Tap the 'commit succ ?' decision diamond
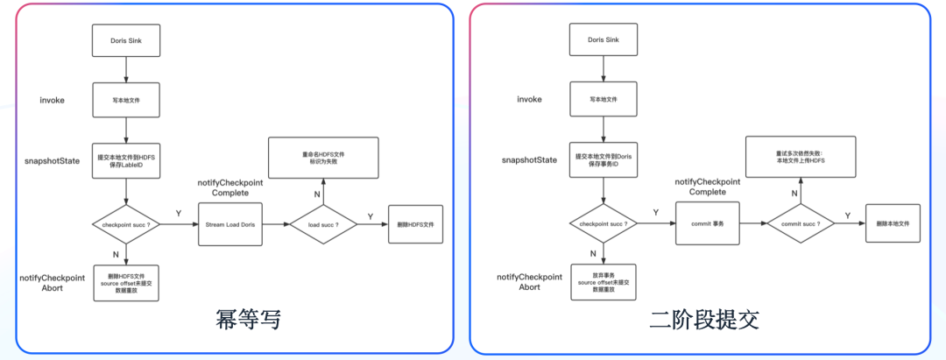pyautogui.click(x=799, y=225)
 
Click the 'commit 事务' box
pyautogui.click(x=708, y=225)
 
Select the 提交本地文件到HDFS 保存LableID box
pyautogui.click(x=126, y=161)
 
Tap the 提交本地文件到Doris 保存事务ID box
pyautogui.click(x=604, y=161)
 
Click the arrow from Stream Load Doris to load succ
pyautogui.click(x=274, y=225)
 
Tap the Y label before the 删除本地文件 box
pyautogui.click(x=846, y=215)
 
